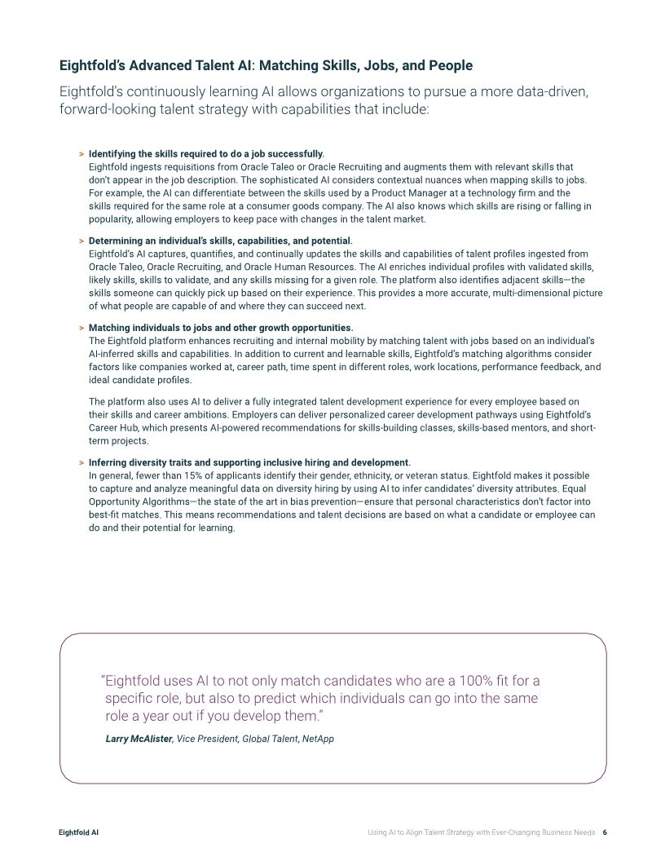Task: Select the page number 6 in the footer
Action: tap(606, 832)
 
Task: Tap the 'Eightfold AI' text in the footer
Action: tap(79, 832)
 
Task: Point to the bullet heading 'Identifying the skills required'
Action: tap(206, 153)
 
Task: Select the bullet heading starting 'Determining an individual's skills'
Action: tap(220, 241)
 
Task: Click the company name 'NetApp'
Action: tap(318, 739)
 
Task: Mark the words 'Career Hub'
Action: tap(112, 429)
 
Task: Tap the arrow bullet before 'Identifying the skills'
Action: tap(81, 153)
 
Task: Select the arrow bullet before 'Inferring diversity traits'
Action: tap(81, 463)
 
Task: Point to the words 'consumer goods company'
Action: tap(314, 206)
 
